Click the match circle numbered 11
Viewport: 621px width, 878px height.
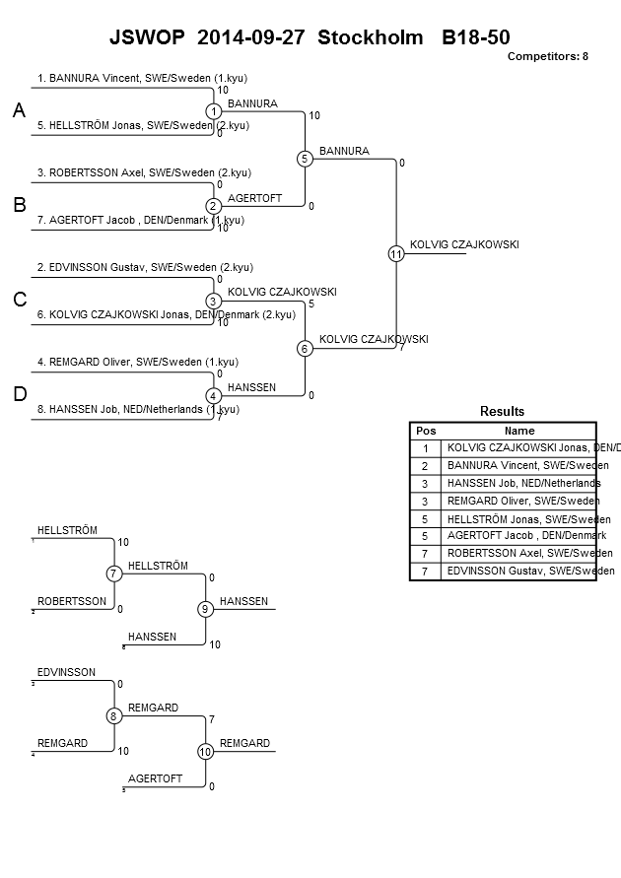coord(396,254)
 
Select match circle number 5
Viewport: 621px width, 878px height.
coord(305,159)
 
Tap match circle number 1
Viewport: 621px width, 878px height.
coord(213,111)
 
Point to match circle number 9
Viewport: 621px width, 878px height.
coord(205,609)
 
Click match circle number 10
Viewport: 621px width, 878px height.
coord(205,751)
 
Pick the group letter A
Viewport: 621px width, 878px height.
coord(19,112)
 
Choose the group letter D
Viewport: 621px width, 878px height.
coord(19,395)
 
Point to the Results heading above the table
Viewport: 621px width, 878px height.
coord(502,412)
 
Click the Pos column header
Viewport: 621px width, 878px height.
coord(426,431)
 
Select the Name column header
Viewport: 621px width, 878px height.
coord(518,431)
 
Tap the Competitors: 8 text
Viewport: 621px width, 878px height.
coord(547,56)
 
